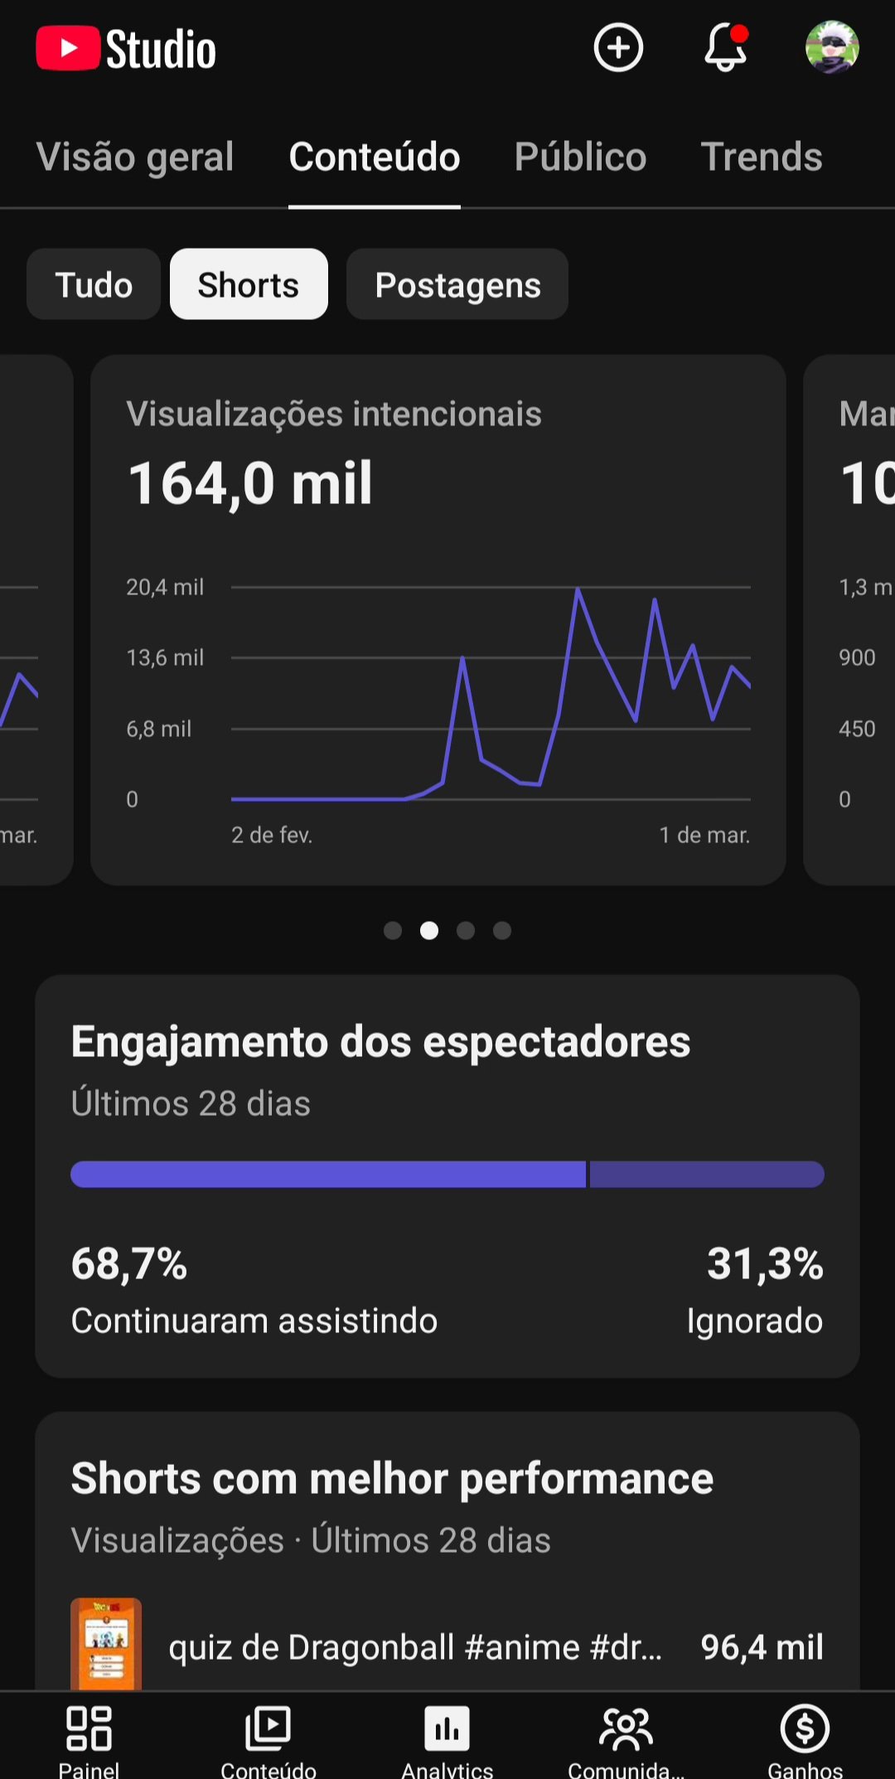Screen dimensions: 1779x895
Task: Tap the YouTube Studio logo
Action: pos(126,49)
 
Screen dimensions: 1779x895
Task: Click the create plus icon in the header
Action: pos(618,48)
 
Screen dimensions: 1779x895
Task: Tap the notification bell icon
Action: pos(725,48)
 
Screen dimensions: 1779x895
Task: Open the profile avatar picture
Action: pos(832,48)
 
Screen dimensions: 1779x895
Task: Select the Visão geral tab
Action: pos(135,157)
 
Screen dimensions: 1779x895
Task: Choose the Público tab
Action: pos(580,157)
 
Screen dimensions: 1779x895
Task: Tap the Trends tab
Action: pos(762,157)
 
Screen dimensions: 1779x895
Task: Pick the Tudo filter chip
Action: pos(94,284)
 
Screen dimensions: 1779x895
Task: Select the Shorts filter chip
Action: pos(249,284)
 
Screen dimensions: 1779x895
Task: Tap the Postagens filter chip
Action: pos(457,284)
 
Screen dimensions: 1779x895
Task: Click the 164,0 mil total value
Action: pos(250,483)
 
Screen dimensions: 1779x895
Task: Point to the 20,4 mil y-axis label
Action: pos(165,587)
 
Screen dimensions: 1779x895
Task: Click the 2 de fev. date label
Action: pos(272,835)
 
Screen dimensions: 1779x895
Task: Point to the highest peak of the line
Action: pos(578,589)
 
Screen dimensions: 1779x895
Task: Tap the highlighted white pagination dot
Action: pos(429,931)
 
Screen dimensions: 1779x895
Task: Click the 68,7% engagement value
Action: pos(129,1263)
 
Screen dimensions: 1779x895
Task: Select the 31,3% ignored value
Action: pos(764,1263)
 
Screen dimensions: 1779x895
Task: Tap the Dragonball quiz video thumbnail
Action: pos(106,1644)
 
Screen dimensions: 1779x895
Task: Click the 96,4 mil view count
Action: pos(762,1647)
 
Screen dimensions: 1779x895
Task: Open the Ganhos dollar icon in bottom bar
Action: pos(805,1729)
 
